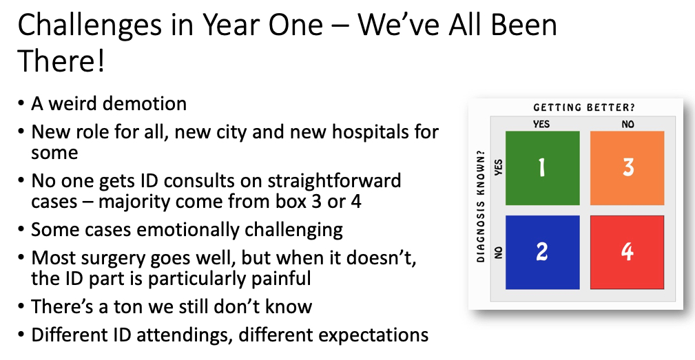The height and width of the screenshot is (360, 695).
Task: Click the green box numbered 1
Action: [x=543, y=168]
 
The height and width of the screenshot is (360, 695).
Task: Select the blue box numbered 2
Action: [x=543, y=253]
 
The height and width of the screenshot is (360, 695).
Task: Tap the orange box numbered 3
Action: [x=627, y=168]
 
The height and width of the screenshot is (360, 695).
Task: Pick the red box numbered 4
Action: [x=627, y=253]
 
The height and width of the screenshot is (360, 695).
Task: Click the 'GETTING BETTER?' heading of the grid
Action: [x=583, y=107]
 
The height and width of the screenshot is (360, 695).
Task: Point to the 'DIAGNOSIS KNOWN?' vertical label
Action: [x=481, y=207]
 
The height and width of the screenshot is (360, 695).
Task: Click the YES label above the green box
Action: [x=541, y=124]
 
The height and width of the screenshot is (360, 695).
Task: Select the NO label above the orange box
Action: [x=627, y=124]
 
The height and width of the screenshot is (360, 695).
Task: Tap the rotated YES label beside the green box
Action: [x=499, y=167]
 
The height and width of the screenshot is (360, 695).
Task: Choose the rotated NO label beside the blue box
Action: [x=499, y=253]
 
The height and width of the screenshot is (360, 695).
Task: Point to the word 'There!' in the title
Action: [x=61, y=61]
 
